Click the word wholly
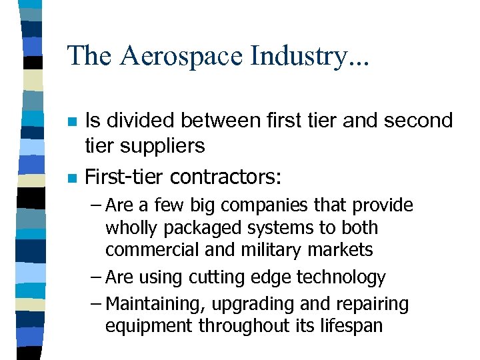[x=130, y=228]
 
